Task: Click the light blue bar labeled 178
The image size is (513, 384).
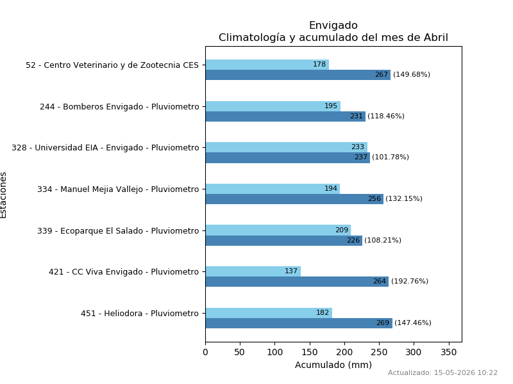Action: pos(267,65)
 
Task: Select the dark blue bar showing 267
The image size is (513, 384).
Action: pos(298,75)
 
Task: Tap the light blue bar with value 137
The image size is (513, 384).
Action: pos(253,271)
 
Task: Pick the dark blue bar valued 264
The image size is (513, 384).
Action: pos(297,282)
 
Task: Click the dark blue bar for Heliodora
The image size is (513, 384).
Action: pos(299,323)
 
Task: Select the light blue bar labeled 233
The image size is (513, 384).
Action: pos(286,147)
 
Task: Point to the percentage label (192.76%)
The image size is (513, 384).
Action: pos(410,281)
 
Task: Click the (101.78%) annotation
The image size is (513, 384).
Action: pos(391,157)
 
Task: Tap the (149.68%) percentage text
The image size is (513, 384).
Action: pos(412,74)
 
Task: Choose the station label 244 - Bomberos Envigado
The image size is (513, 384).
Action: pos(119,107)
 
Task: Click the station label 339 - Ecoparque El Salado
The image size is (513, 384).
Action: pos(118,231)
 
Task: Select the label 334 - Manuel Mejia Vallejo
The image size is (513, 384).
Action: pos(118,189)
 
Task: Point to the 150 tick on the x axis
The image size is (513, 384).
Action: pos(310,353)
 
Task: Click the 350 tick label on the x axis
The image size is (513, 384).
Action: pos(448,353)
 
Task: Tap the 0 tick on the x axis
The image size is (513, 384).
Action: pos(205,353)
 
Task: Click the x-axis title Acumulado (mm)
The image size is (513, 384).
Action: pos(333,365)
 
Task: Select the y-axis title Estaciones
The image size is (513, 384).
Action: pos(3,195)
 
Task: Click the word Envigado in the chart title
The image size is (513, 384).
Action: pos(333,26)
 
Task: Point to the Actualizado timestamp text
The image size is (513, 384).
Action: pos(442,372)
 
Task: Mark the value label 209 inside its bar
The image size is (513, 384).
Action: pos(342,230)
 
